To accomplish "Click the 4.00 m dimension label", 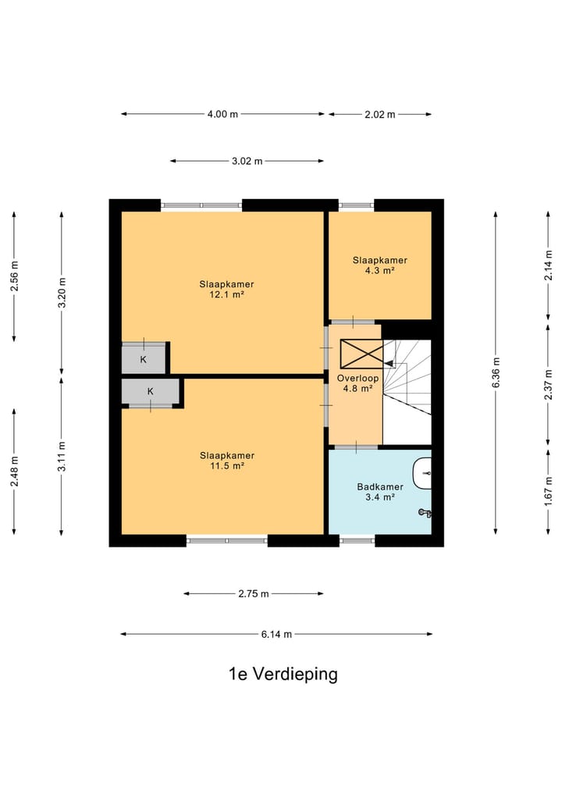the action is (x=222, y=114).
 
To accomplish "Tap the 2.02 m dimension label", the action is (x=379, y=115).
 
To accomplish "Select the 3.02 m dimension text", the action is (x=247, y=161).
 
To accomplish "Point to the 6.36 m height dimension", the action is (x=496, y=372).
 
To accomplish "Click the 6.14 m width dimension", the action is (x=276, y=634).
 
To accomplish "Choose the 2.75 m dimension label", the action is (x=254, y=593).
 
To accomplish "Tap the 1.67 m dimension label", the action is (x=548, y=490).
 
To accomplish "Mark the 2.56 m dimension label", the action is (x=14, y=276).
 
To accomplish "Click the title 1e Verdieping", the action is (x=283, y=674).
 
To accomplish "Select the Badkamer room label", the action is (x=380, y=486).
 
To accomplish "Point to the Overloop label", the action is (x=358, y=378).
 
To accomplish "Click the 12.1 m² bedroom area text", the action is (x=226, y=294).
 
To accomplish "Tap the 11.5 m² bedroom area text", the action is (x=227, y=465).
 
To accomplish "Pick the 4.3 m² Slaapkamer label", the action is (x=379, y=270).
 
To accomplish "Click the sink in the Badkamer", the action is (x=423, y=473).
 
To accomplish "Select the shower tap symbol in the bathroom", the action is (x=425, y=513).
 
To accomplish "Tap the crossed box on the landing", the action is (x=361, y=354).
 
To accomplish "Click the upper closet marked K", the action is (x=144, y=359).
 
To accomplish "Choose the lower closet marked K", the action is (x=151, y=391).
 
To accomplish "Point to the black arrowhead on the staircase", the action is (x=389, y=363).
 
